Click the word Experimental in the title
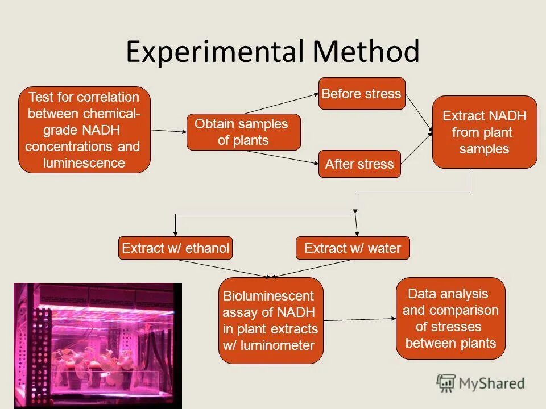tap(215, 52)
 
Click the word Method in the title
tap(366, 52)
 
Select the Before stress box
tap(362, 94)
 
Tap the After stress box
tap(359, 164)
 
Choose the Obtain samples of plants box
tap(243, 132)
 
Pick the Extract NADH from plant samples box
tap(485, 132)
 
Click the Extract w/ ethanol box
tap(175, 248)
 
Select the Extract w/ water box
tap(353, 248)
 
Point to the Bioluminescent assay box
tap(271, 320)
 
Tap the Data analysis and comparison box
tap(450, 318)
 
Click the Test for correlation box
tap(84, 130)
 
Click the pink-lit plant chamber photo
tap(97, 345)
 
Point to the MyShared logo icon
tap(446, 383)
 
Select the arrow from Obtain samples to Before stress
tap(282, 103)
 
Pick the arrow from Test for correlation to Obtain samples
tap(169, 131)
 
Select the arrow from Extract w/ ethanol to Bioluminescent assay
tap(225, 269)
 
